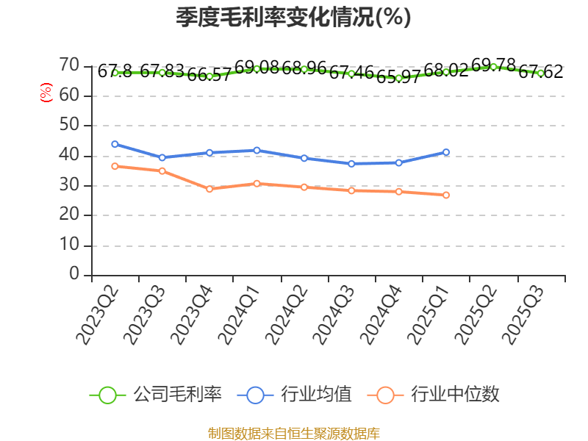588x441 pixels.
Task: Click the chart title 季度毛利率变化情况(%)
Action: click(x=293, y=18)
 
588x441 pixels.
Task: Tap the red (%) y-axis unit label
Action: click(x=46, y=93)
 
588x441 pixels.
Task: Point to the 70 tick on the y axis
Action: click(x=69, y=65)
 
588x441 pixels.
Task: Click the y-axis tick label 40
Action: click(x=69, y=155)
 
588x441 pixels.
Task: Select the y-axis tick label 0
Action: click(x=74, y=274)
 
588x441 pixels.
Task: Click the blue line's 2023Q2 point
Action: click(x=115, y=144)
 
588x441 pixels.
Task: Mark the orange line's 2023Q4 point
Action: click(x=209, y=189)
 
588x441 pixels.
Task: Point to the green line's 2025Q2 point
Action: click(x=493, y=67)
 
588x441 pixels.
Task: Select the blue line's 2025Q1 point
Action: click(x=446, y=152)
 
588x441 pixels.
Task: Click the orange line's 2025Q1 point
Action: click(x=446, y=195)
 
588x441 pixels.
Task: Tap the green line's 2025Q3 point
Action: click(x=540, y=73)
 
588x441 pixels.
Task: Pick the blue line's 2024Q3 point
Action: click(x=351, y=164)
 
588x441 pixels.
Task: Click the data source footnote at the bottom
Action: click(x=293, y=433)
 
